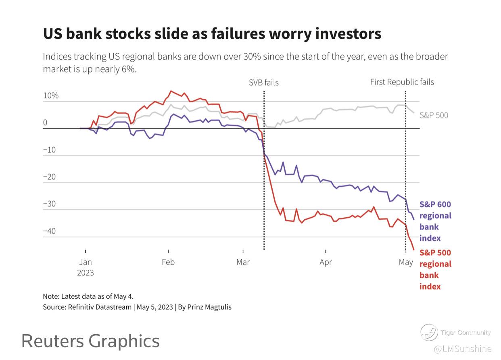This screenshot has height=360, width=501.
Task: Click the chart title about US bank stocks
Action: [x=212, y=33]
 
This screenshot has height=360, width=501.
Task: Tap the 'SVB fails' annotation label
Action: [x=263, y=83]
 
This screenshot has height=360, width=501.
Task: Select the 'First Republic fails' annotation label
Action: [x=402, y=82]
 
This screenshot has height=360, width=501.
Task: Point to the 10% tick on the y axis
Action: [x=51, y=96]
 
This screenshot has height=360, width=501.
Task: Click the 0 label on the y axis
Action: [x=45, y=123]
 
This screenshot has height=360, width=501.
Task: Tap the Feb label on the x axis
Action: [x=168, y=262]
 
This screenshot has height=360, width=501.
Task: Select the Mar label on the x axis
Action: [x=243, y=262]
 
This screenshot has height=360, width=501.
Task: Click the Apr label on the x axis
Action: [x=326, y=262]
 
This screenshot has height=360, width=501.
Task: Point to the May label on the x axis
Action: [x=406, y=262]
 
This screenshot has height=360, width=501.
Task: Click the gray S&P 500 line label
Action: [x=434, y=115]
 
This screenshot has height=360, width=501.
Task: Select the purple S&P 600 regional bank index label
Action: [x=435, y=221]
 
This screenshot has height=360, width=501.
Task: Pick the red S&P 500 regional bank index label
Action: [x=435, y=269]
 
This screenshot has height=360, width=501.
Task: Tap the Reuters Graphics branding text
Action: [x=90, y=341]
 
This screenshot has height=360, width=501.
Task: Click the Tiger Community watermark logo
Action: [x=429, y=333]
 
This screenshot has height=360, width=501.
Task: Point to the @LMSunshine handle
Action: [x=462, y=349]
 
